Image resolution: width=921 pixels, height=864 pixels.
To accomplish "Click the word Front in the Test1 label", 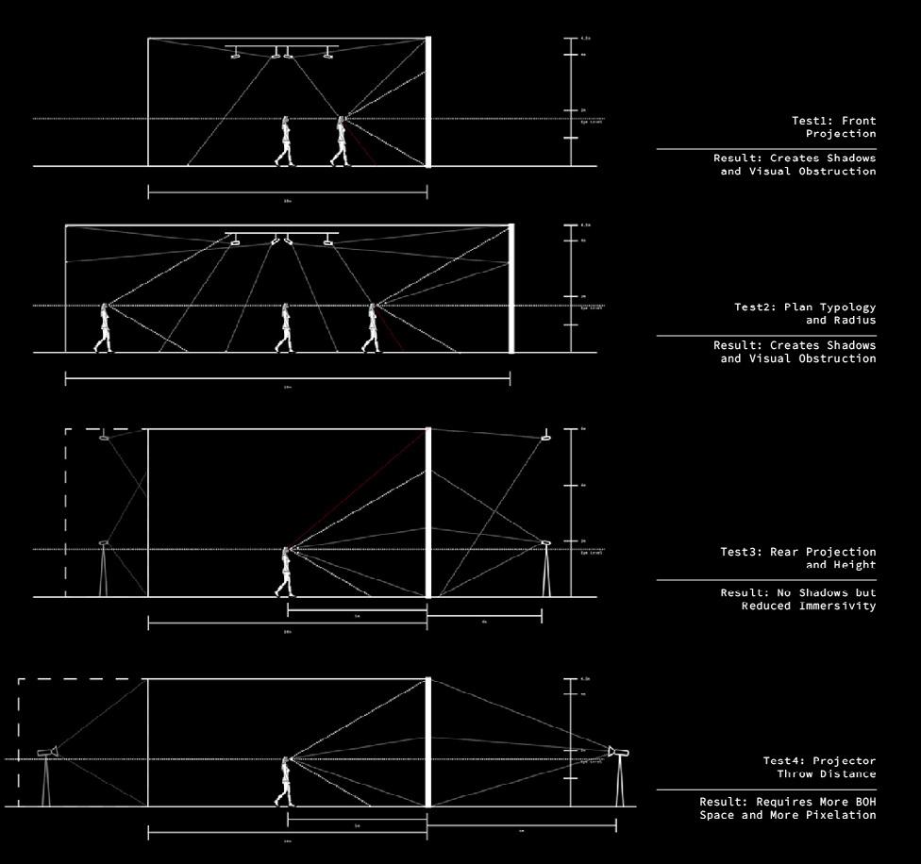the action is coord(858,121).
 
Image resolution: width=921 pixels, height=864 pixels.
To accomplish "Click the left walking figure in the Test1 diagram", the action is coord(284,141).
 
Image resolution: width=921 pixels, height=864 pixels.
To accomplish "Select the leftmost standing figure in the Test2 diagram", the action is coord(103,327).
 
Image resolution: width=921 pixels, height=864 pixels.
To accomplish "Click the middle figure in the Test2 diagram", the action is coord(284,328).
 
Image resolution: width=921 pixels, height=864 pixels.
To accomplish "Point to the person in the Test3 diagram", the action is coord(284,572).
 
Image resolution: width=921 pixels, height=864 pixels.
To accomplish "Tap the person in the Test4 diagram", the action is coord(284,782).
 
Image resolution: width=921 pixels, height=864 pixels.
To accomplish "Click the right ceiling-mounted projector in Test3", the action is coord(545,437).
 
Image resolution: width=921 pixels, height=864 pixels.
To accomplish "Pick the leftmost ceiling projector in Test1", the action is coord(235,56).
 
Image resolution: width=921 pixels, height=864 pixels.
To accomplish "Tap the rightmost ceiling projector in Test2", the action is coord(327,242).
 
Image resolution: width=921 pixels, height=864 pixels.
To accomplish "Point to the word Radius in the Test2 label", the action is coord(854,320).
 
